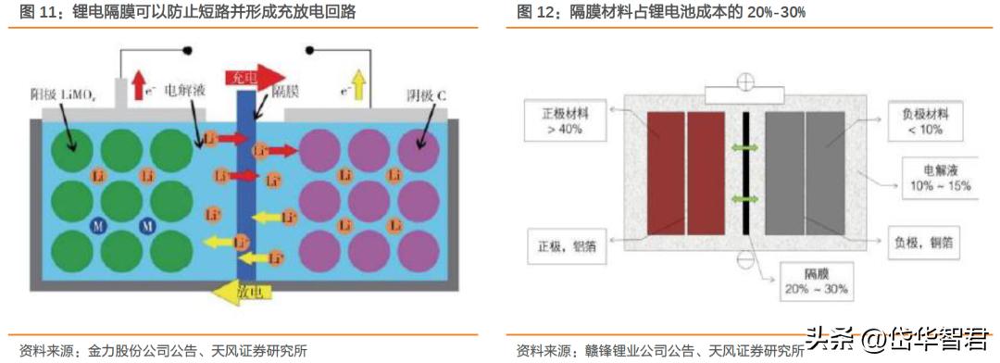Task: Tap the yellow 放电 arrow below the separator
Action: click(235, 292)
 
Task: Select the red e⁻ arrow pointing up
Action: click(138, 84)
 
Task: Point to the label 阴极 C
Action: click(427, 95)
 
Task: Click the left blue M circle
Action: click(94, 226)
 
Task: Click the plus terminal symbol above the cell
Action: click(744, 80)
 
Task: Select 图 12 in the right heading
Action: click(534, 12)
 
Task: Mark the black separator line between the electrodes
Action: click(744, 176)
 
